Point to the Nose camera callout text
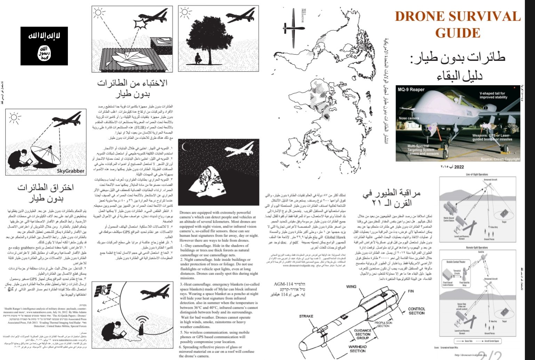pos(409,118)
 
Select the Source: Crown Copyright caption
pos(500,159)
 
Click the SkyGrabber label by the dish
pos(71,171)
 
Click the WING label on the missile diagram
pos(351,287)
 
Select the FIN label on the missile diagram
pos(411,291)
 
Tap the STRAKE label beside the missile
pos(306,316)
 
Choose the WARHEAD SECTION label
pos(357,349)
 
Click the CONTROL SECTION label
pos(416,311)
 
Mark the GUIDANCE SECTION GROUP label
pos(362,334)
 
